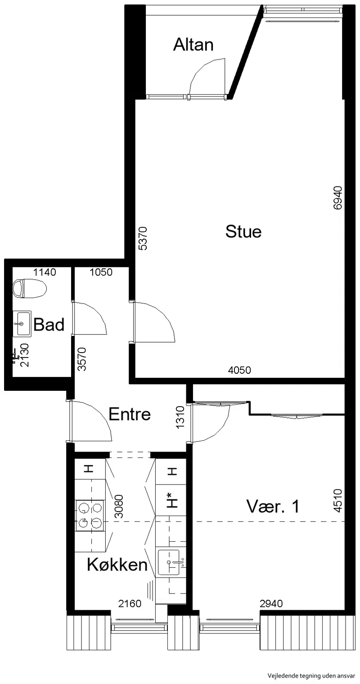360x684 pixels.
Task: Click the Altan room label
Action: click(x=193, y=45)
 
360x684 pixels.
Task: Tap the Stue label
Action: click(x=243, y=231)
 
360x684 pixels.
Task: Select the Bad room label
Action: click(x=49, y=324)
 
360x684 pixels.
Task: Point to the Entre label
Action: click(x=130, y=414)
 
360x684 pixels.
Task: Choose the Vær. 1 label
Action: click(x=273, y=506)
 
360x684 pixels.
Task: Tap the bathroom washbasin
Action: click(x=22, y=324)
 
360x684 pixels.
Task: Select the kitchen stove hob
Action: click(x=90, y=516)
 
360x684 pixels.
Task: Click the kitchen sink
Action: click(x=169, y=562)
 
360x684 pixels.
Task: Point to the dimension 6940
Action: click(x=338, y=198)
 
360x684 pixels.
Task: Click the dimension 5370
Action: click(x=143, y=239)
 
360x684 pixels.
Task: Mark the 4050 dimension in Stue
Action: click(x=239, y=370)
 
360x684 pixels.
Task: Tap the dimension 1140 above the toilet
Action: click(x=45, y=272)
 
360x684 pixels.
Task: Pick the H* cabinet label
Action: click(x=173, y=499)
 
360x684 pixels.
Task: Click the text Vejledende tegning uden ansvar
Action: click(x=311, y=676)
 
